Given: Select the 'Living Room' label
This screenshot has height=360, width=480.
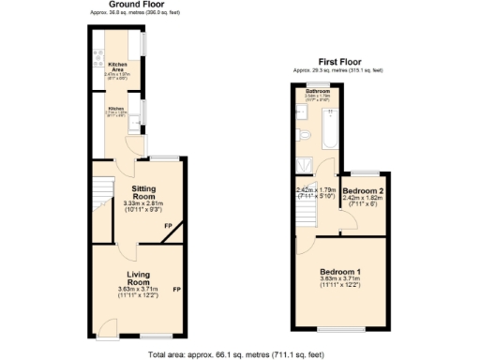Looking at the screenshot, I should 139,277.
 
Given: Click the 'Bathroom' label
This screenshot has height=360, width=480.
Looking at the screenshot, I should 317,91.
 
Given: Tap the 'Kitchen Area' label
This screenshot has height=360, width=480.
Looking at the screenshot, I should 117,65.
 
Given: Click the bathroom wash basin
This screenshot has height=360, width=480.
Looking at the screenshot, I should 303,112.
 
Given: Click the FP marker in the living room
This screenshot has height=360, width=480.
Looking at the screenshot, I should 175,288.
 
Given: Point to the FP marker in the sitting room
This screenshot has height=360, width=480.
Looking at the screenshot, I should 168,226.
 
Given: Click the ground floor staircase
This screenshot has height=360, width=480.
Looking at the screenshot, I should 102,202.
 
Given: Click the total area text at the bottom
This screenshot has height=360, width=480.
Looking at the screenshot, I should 237,353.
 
